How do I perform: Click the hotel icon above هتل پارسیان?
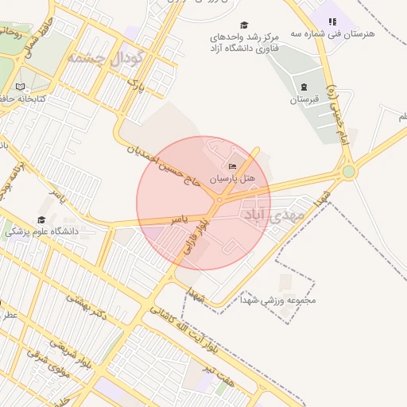232,167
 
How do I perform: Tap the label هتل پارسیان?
232,180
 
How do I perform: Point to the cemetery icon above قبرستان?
303,87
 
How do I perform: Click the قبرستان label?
303,100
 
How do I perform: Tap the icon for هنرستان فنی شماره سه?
333,21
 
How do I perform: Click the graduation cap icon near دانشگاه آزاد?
244,25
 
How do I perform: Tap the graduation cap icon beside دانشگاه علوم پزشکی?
41,219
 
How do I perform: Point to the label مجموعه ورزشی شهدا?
282,300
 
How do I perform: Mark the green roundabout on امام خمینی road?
348,171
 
